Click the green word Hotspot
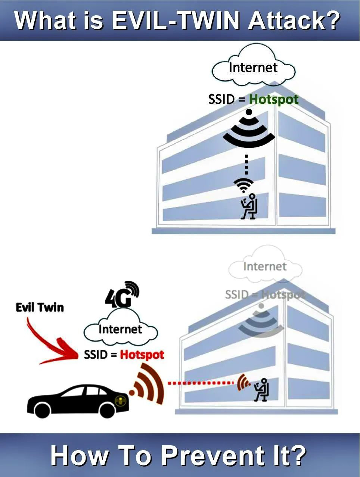click(274, 100)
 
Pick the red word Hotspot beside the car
click(142, 354)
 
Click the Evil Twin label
click(40, 307)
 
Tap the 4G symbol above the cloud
click(122, 294)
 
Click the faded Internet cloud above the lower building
click(265, 267)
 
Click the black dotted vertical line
click(246, 164)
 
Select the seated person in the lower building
click(261, 390)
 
